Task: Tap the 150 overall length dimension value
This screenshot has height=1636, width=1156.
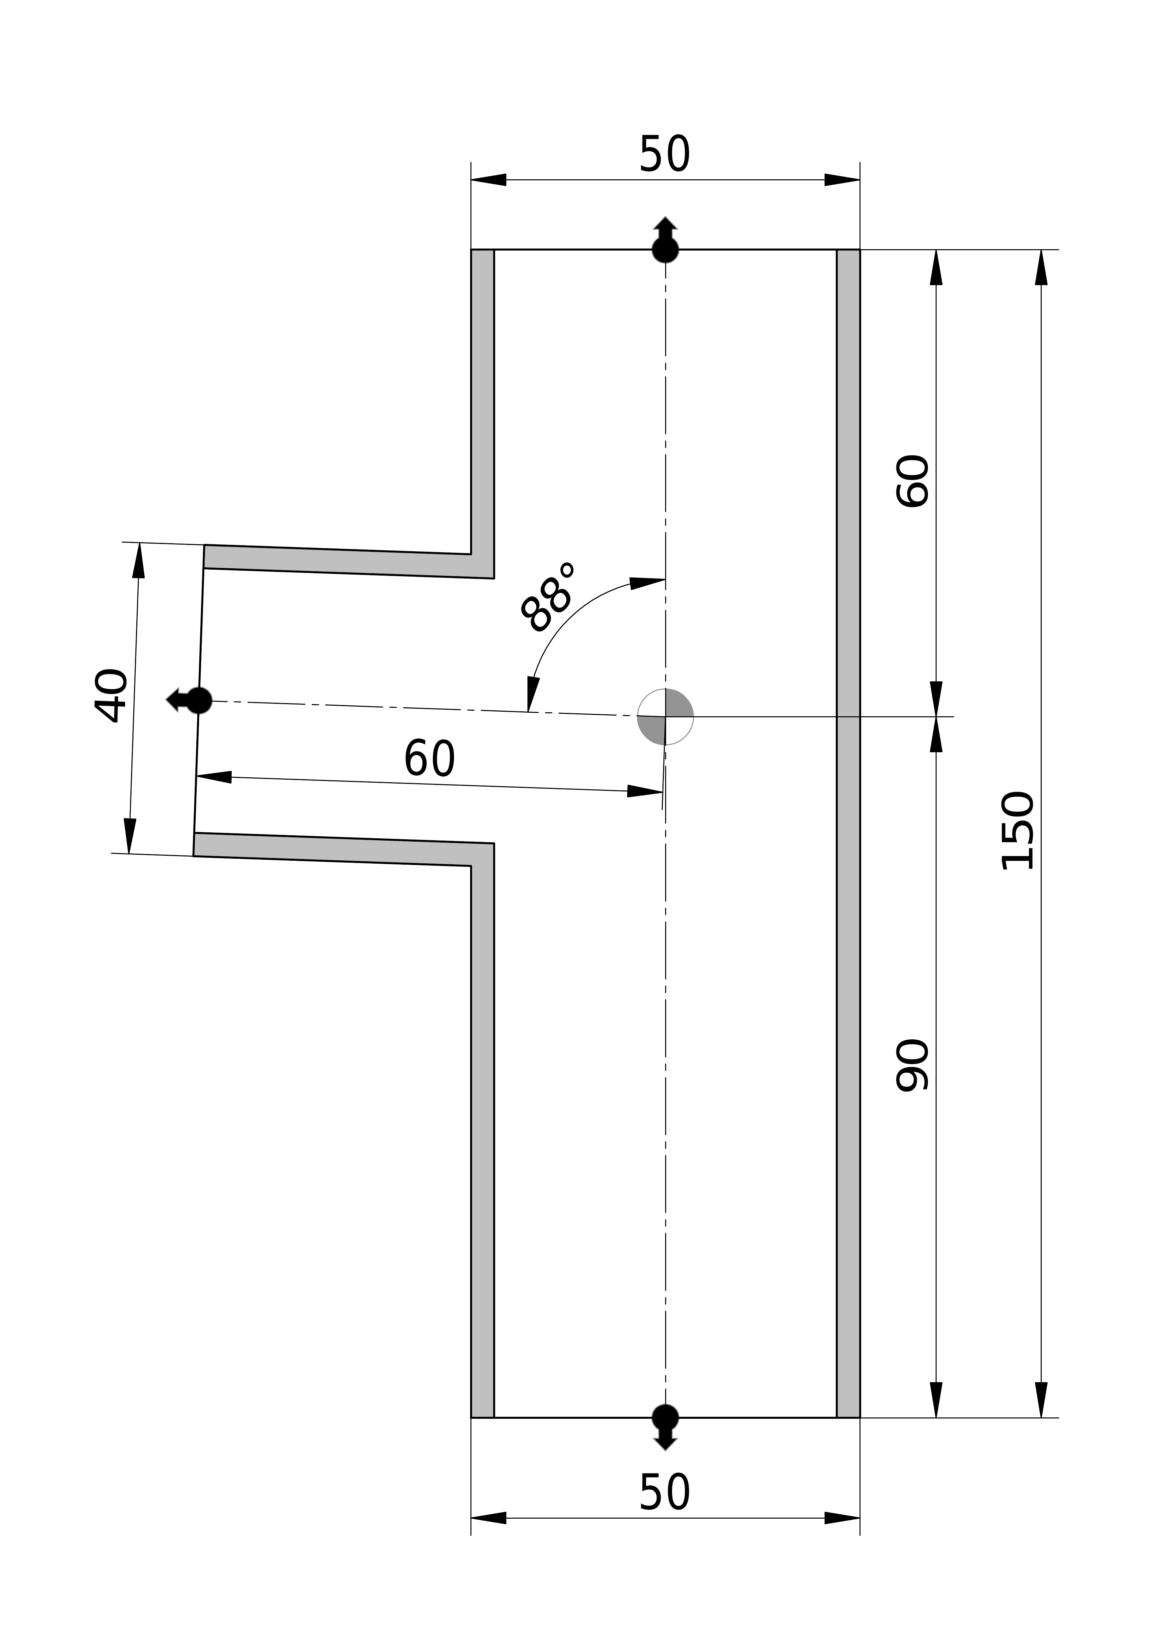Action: (x=1017, y=831)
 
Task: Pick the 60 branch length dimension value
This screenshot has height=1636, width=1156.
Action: (x=430, y=759)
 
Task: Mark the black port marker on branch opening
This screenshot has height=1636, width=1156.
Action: (x=199, y=700)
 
